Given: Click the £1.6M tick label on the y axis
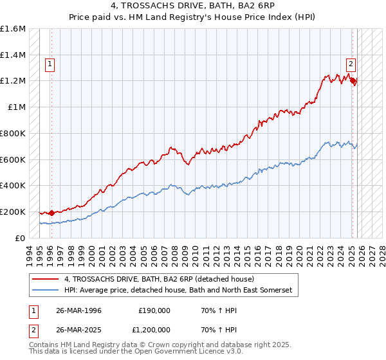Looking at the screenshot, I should (13, 29).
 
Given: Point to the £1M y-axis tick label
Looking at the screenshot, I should (16, 107).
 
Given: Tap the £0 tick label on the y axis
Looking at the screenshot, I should (21, 238).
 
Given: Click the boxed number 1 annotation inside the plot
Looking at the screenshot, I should (50, 64).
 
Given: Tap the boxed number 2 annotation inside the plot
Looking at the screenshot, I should (351, 64).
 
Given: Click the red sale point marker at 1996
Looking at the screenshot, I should (51, 213).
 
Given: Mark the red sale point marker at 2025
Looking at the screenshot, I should (353, 81).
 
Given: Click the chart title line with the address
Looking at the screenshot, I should (193, 7).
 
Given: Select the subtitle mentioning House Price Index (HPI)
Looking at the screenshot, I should (193, 18).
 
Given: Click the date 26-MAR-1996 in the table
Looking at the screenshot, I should (78, 310).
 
